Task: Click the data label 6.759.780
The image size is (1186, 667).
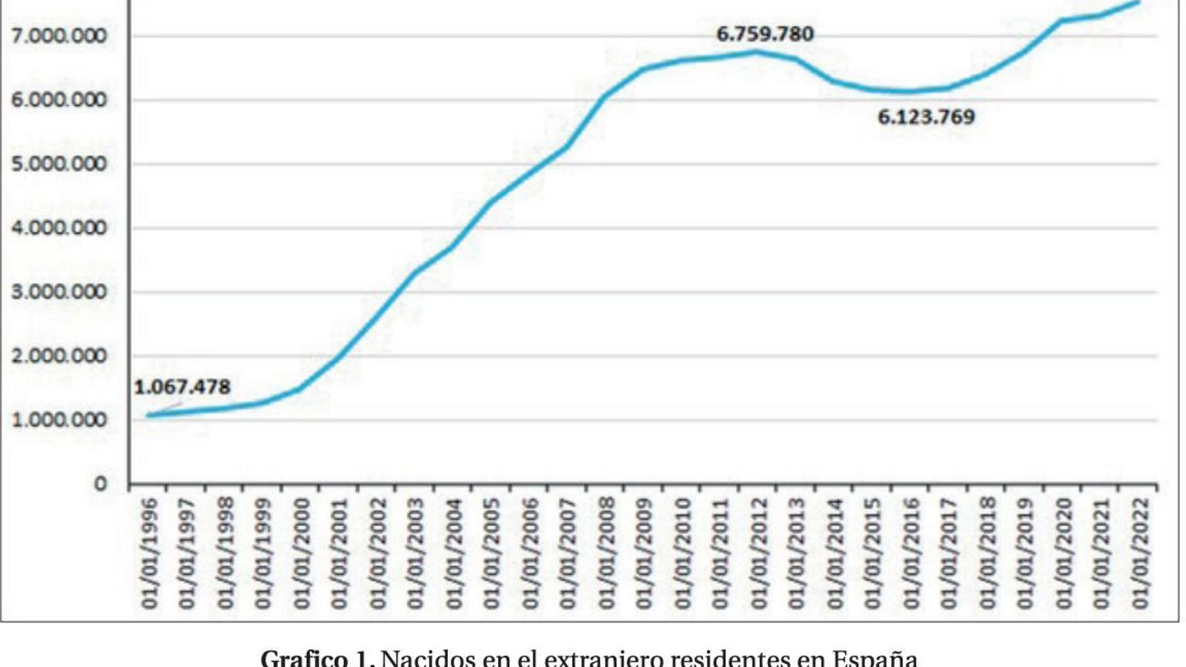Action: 764,34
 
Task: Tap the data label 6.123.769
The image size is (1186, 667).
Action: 926,117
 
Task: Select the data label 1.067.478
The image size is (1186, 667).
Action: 182,387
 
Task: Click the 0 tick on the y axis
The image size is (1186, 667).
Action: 100,484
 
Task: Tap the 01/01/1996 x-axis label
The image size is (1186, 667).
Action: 150,553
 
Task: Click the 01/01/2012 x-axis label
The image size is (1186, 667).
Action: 758,553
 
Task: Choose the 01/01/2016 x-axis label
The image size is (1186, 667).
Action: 911,553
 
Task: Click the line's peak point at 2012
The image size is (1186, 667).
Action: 757,52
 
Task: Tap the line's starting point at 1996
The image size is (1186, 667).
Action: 148,415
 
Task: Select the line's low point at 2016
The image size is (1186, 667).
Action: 910,92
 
